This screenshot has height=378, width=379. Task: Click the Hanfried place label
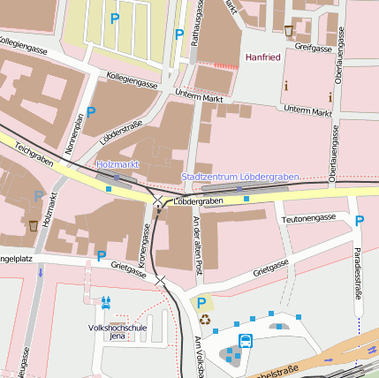[x=262, y=57]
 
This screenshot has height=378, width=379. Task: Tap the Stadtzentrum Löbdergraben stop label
[x=239, y=178]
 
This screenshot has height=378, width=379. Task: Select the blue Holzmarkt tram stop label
[x=117, y=164]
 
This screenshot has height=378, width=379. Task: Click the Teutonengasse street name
[x=308, y=217]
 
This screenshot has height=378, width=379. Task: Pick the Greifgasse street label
[x=314, y=48]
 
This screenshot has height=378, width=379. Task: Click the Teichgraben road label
[x=34, y=153]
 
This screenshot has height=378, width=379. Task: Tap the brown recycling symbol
[x=205, y=320]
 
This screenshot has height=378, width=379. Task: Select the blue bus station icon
[x=245, y=340]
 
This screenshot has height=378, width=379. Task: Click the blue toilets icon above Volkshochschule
[x=106, y=303]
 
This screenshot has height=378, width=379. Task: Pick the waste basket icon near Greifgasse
[x=289, y=30]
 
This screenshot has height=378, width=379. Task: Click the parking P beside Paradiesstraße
[x=359, y=221]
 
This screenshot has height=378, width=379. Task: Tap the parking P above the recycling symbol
[x=201, y=302]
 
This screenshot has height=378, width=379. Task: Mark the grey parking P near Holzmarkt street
[x=38, y=195]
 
